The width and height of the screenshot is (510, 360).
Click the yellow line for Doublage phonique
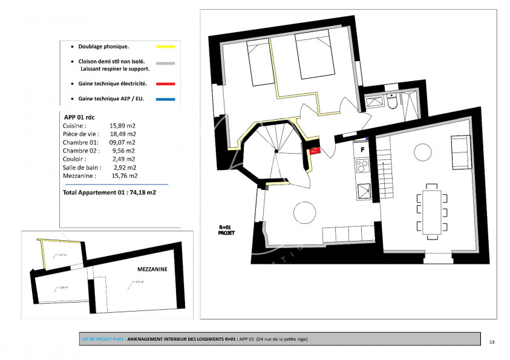(x=165, y=47)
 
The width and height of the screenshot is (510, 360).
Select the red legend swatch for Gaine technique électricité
(x=165, y=83)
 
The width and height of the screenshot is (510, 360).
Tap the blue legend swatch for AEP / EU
(x=165, y=99)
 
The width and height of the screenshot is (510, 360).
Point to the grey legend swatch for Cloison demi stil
(x=165, y=63)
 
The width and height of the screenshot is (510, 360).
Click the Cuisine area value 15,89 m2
(x=123, y=125)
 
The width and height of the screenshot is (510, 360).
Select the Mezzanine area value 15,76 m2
(x=125, y=175)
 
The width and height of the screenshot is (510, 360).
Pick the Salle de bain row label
(x=82, y=167)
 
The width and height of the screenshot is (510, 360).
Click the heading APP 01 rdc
(x=79, y=116)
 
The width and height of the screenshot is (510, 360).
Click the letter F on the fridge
(x=362, y=148)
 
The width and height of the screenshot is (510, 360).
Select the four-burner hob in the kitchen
(x=362, y=165)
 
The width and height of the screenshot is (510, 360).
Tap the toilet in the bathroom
(x=393, y=104)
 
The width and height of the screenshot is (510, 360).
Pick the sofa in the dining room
(x=461, y=152)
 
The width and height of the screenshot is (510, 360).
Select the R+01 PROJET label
(x=227, y=229)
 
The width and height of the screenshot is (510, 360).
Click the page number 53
(x=492, y=342)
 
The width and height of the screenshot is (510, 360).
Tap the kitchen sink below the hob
(x=363, y=191)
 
